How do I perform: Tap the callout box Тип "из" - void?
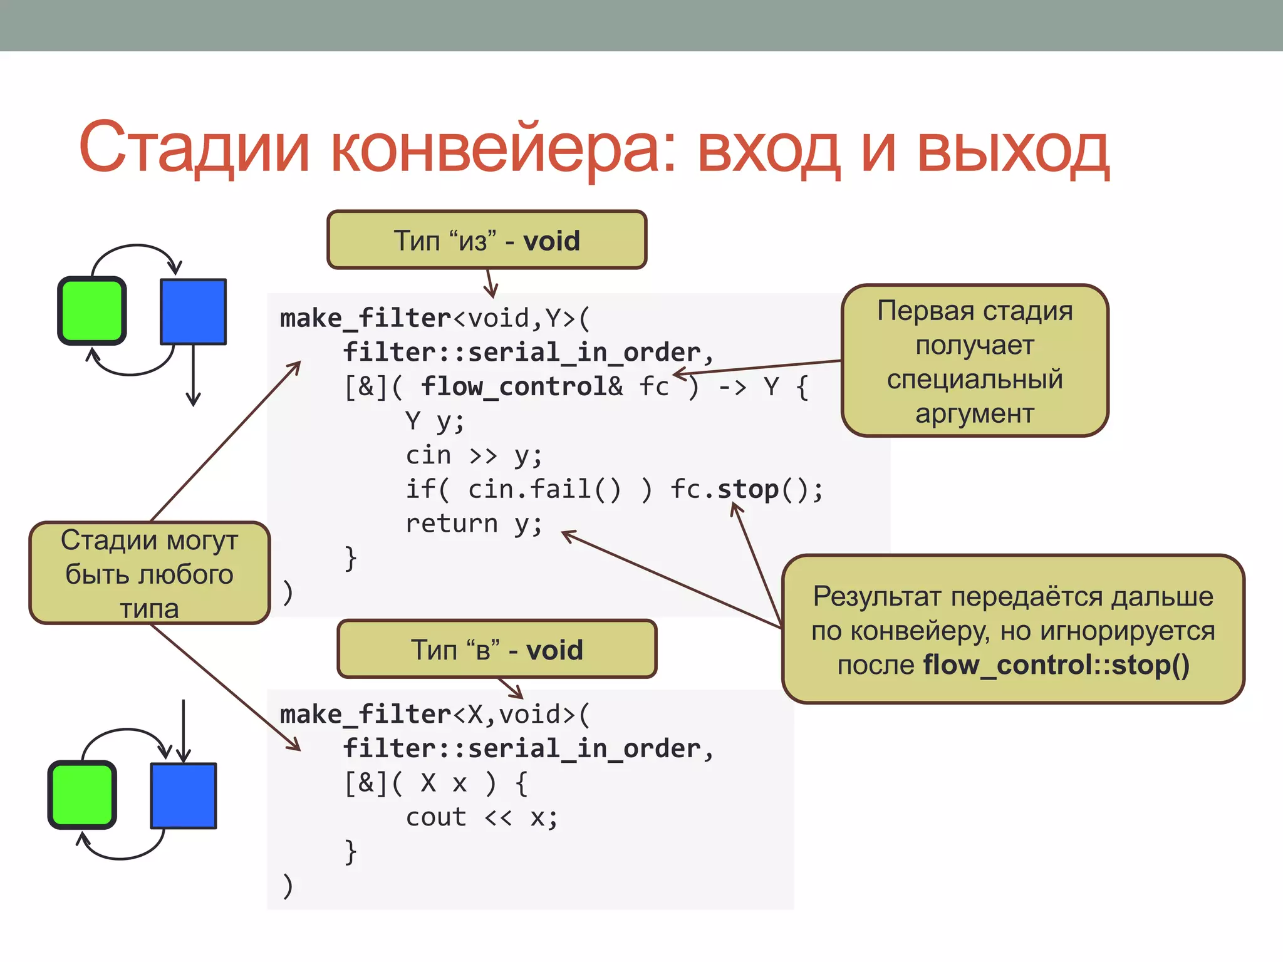point(487,240)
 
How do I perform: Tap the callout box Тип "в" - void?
point(497,649)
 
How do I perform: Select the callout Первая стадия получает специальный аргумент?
point(975,361)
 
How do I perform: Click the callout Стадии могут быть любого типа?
point(149,573)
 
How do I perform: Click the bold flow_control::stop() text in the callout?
point(1056,665)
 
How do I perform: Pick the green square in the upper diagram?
point(92,311)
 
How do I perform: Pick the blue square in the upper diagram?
point(193,312)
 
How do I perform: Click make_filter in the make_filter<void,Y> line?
point(365,318)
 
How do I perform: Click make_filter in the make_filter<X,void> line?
point(365,715)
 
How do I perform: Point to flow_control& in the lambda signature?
point(521,386)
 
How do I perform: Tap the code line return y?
point(474,524)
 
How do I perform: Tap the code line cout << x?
point(481,817)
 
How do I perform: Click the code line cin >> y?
point(474,455)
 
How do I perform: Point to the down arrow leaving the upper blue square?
point(193,376)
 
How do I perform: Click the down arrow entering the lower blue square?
point(183,730)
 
